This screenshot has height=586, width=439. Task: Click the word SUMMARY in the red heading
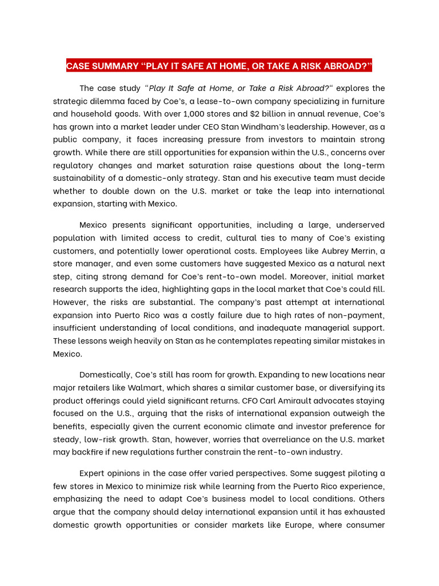[x=118, y=66]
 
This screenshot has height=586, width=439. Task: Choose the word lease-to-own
[x=242, y=101]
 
